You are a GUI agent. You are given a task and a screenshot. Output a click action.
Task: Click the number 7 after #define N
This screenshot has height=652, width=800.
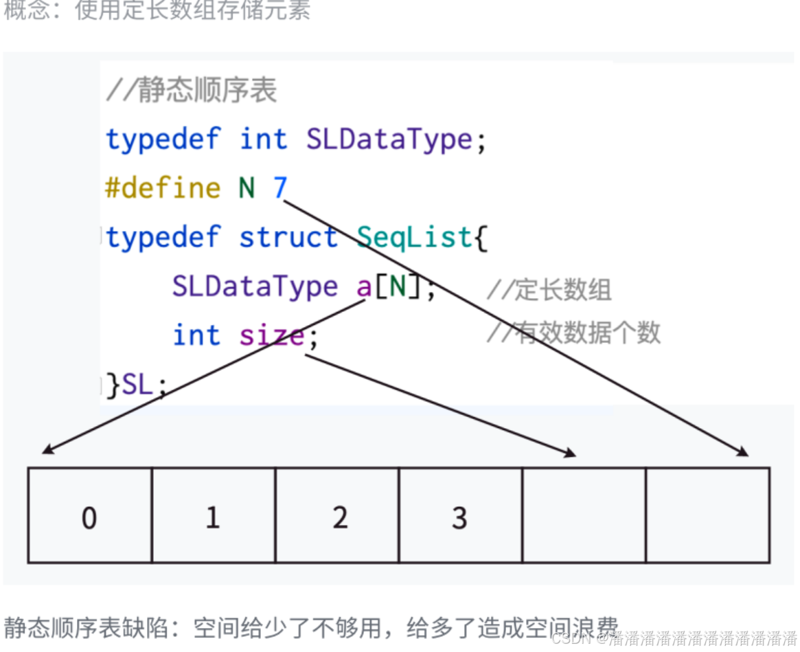coord(280,188)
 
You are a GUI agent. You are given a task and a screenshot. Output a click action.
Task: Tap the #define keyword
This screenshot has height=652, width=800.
coord(163,188)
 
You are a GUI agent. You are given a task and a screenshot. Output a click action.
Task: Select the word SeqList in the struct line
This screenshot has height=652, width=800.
coord(415,237)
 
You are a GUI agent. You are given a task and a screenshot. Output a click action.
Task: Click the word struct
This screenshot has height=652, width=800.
coord(288,237)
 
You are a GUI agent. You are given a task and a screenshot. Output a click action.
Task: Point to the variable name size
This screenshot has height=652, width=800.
coord(271,335)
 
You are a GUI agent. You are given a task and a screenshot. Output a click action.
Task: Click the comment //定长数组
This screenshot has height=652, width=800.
coord(549,290)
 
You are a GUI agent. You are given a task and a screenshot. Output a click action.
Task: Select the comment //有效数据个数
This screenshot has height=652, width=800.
coord(573,333)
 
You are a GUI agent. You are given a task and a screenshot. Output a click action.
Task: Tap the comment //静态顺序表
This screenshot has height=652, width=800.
coord(192,91)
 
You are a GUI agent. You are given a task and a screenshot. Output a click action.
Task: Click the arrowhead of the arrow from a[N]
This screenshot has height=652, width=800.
coord(45,451)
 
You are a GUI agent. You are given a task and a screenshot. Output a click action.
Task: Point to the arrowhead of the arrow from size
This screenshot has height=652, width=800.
coord(571,453)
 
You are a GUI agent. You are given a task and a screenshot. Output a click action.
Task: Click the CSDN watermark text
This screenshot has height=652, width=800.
coord(673,638)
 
